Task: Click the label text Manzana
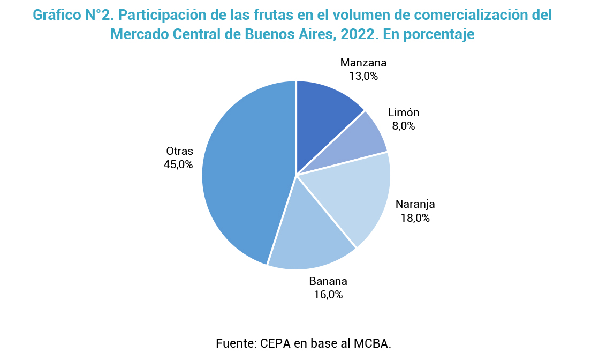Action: click(x=363, y=63)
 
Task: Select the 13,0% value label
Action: click(x=363, y=76)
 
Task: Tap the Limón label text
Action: click(x=403, y=112)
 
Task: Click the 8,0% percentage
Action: click(x=403, y=126)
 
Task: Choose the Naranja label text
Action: click(x=415, y=204)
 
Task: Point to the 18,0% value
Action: click(x=415, y=217)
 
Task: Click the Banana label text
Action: click(x=328, y=281)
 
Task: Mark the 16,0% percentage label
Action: click(x=328, y=295)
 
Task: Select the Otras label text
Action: click(x=179, y=151)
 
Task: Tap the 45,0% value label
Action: click(x=178, y=164)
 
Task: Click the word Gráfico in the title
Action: click(x=57, y=15)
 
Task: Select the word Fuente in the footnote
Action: click(x=235, y=343)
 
